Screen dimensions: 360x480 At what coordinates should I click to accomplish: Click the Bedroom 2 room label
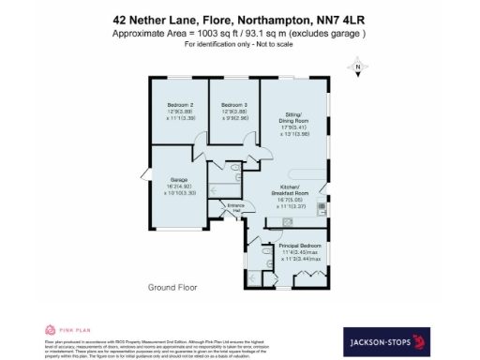[180, 104]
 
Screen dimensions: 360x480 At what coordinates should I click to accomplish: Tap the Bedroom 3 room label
[233, 104]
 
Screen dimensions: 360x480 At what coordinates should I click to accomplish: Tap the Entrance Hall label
[235, 208]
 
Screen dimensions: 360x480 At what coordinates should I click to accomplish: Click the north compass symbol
[356, 67]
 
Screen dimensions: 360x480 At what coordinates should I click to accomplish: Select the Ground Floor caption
[171, 277]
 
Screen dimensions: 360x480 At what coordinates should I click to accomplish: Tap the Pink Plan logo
[64, 330]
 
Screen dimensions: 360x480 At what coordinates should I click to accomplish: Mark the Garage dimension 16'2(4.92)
[180, 187]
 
